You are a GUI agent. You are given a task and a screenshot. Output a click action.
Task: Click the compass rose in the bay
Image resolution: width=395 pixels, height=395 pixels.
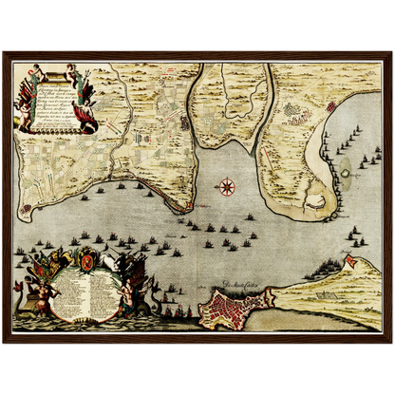coord(227,186)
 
